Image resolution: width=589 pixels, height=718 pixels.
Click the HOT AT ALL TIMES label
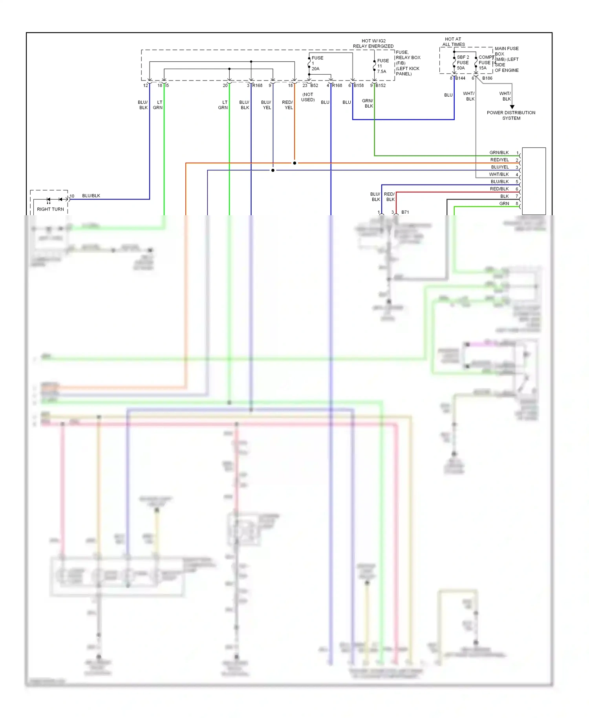point(453,42)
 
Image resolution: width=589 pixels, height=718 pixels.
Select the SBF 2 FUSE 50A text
point(463,62)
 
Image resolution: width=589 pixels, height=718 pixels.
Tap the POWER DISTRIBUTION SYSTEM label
point(511,115)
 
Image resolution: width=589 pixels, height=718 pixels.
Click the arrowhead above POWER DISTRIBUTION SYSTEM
point(512,107)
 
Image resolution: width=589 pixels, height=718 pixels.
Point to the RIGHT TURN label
point(50,209)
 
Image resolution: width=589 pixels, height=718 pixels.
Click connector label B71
point(405,212)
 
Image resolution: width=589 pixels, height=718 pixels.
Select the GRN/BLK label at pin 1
point(499,152)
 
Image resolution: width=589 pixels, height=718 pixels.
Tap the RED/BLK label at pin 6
point(499,189)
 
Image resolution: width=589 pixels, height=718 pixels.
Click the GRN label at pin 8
point(504,203)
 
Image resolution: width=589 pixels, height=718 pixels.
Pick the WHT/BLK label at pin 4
point(499,174)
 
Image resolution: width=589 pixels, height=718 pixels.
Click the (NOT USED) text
point(308,97)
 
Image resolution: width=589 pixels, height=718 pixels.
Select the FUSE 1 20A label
point(316,63)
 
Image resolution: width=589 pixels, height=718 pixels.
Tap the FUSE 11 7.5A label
point(382,66)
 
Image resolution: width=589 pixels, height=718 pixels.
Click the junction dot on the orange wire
point(294,163)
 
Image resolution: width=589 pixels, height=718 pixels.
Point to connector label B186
point(487,78)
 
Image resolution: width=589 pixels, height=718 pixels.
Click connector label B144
point(460,78)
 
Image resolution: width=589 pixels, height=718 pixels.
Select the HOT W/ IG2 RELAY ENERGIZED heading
point(373,43)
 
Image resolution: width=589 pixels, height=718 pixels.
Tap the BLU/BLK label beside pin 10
point(91,196)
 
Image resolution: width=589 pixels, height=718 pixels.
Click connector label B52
point(314,85)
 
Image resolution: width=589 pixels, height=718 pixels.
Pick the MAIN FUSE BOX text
point(506,51)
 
